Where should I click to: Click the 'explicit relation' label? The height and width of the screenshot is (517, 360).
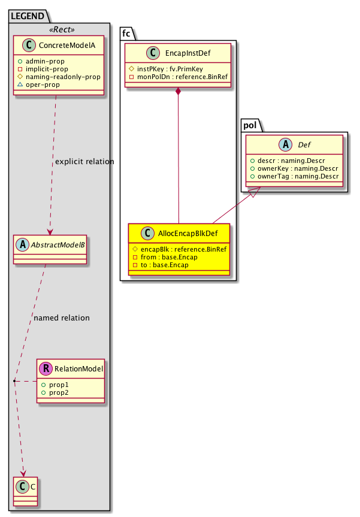click(84, 162)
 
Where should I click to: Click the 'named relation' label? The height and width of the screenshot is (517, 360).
click(62, 318)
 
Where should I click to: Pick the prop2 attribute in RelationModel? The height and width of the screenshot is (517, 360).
click(59, 392)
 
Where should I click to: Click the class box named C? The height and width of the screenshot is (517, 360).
click(25, 488)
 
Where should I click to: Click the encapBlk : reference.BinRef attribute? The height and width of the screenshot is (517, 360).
click(178, 248)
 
